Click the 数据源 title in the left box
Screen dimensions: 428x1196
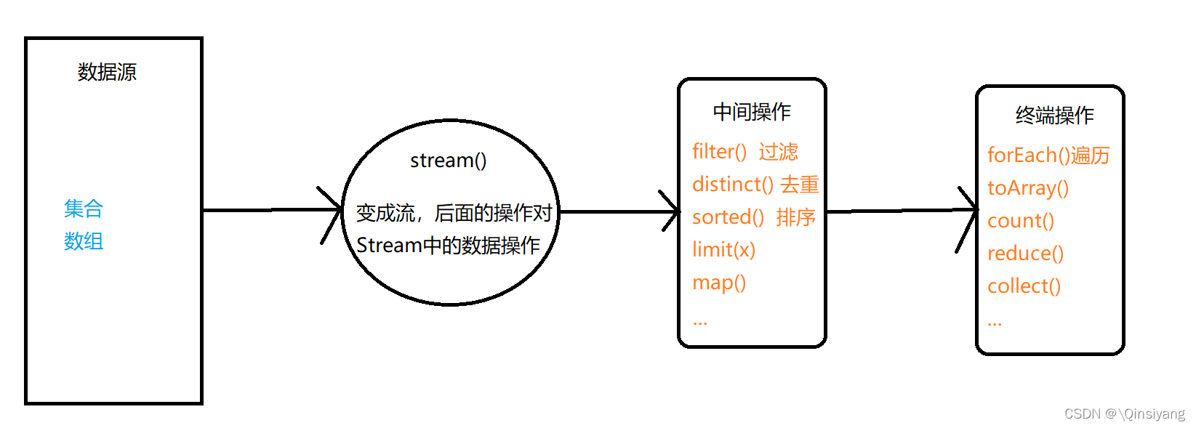[107, 72]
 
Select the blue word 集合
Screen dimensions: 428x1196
[84, 209]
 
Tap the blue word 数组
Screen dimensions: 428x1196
[84, 241]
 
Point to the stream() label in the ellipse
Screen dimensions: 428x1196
[448, 160]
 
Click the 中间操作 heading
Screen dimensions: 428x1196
[752, 111]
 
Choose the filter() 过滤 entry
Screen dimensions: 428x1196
[745, 151]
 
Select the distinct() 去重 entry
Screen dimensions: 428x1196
[755, 185]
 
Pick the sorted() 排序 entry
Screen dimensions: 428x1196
[754, 217]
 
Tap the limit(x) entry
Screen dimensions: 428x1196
[723, 249]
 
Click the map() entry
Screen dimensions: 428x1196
[719, 282]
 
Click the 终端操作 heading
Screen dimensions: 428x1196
[1054, 115]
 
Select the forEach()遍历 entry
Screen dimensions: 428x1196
[1048, 155]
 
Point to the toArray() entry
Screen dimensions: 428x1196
[1028, 188]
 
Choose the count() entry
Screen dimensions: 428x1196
[1021, 220]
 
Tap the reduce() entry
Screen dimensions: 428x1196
[1025, 253]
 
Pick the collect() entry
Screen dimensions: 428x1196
[1024, 286]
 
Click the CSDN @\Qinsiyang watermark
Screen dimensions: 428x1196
[1124, 413]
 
